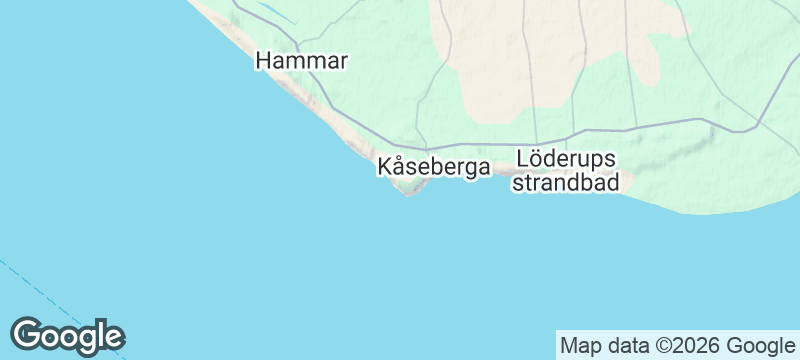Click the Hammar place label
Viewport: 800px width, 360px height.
[301, 61]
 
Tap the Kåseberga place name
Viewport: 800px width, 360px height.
[434, 167]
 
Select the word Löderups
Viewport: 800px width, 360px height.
[566, 159]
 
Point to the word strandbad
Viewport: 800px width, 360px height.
[566, 183]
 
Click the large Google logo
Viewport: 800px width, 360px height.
[67, 336]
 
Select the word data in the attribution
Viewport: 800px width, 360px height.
[625, 346]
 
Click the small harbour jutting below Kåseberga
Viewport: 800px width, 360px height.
[408, 192]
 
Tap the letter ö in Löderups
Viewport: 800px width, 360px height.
[536, 159]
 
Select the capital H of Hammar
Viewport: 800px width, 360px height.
[264, 61]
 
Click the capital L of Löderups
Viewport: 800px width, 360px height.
[522, 159]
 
